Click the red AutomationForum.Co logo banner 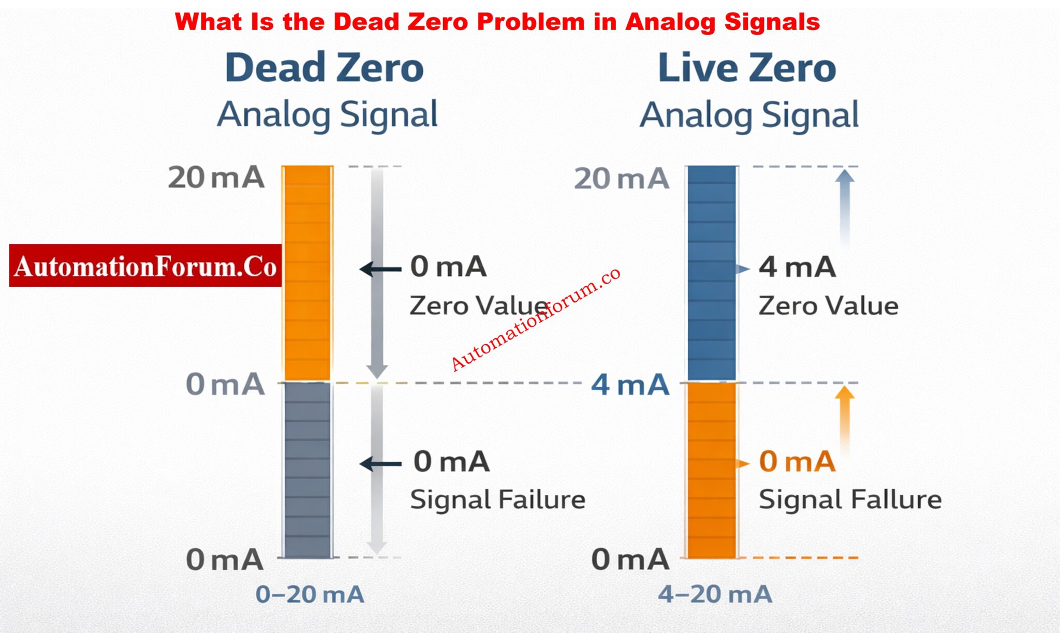145,266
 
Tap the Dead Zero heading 325,68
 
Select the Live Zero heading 747,68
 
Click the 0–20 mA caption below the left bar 310,594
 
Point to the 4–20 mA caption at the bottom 715,594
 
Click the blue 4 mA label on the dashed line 630,385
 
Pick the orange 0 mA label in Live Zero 797,461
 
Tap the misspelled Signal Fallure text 849,500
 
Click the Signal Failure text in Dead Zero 497,500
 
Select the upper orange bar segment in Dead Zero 307,273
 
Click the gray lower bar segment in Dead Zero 307,470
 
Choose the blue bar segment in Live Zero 712,273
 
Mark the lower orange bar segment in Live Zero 712,470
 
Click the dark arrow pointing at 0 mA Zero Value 380,269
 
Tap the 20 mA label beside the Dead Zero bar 216,178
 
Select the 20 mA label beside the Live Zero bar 621,179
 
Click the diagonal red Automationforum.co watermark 535,319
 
